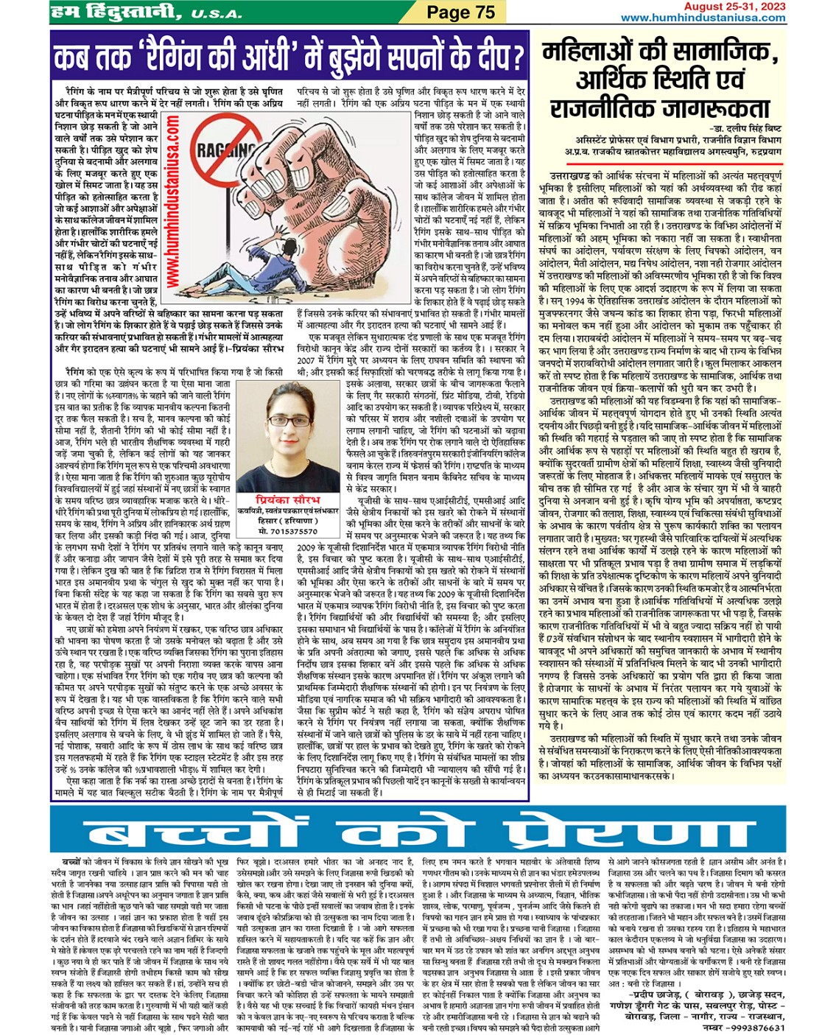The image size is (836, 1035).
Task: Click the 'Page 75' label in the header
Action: tap(461, 12)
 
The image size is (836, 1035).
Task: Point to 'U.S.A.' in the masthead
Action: tap(217, 13)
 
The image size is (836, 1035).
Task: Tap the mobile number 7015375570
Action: tap(288, 531)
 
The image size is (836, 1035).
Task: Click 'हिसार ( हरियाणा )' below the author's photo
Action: tap(288, 521)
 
